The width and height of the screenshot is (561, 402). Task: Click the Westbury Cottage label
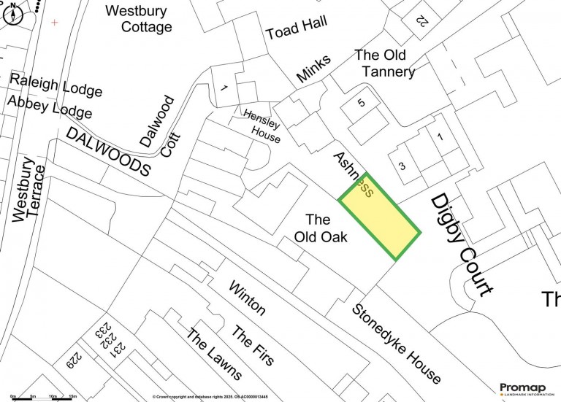click(138, 19)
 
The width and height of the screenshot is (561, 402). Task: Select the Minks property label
click(314, 69)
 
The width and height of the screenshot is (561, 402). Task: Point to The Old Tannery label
click(384, 63)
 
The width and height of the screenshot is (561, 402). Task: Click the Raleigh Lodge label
click(56, 85)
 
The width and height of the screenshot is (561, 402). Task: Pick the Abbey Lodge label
click(49, 107)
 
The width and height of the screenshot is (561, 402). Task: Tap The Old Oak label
click(320, 228)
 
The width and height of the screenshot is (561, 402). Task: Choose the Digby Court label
click(461, 244)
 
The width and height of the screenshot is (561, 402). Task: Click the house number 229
click(75, 359)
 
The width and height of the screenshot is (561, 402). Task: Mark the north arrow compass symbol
click(13, 13)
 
